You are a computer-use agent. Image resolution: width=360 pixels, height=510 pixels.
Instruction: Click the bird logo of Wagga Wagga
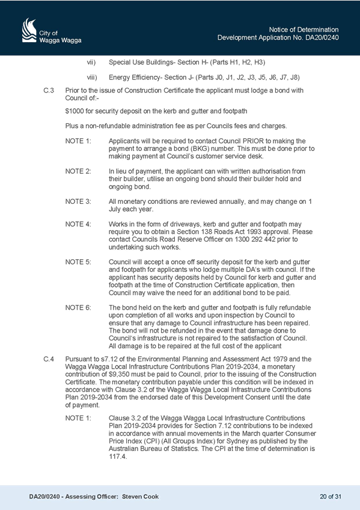tap(29, 30)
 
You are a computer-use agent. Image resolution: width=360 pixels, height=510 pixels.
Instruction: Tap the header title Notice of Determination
tap(304, 29)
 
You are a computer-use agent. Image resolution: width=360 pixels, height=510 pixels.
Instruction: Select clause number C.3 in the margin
tap(49, 90)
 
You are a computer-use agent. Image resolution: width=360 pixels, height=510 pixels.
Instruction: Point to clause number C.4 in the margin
tap(49, 359)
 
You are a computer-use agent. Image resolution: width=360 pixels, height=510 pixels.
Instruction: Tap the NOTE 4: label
tap(78, 224)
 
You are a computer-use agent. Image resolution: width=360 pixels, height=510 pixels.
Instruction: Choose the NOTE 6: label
tap(78, 308)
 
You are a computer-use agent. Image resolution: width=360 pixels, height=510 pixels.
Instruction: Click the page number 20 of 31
tap(331, 497)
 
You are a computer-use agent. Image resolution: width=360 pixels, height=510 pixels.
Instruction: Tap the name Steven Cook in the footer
tap(141, 497)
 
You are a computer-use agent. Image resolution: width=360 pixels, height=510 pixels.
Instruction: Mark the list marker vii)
tap(91, 62)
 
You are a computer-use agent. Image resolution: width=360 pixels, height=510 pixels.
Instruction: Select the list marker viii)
tap(91, 78)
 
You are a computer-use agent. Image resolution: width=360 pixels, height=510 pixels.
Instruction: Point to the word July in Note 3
tap(114, 209)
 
